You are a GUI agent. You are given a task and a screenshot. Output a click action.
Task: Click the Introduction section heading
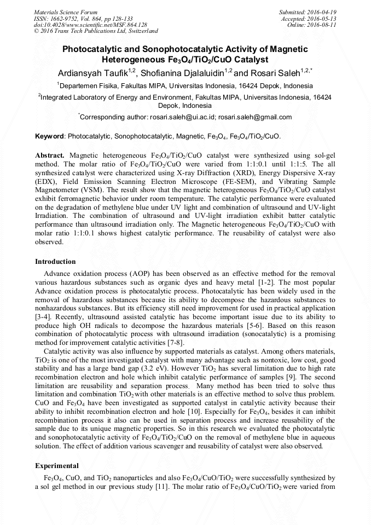point(55,262)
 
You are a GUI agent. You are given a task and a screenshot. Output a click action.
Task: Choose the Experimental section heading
point(57,466)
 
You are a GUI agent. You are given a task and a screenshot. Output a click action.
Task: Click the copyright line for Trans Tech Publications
point(96,32)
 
